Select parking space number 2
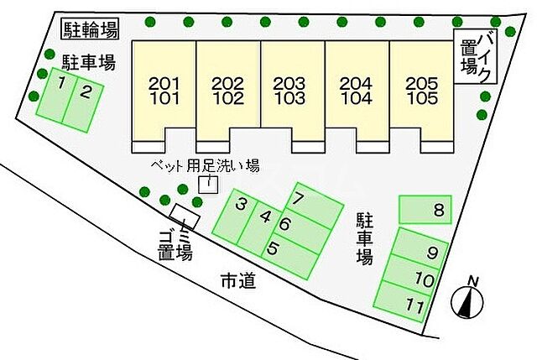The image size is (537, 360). pyautogui.click(x=85, y=102)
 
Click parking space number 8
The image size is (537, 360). pyautogui.click(x=426, y=209)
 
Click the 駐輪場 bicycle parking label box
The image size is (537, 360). pyautogui.click(x=91, y=29)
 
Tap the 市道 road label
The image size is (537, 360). pyautogui.click(x=237, y=280)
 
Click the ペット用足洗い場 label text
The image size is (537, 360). pyautogui.click(x=205, y=166)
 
